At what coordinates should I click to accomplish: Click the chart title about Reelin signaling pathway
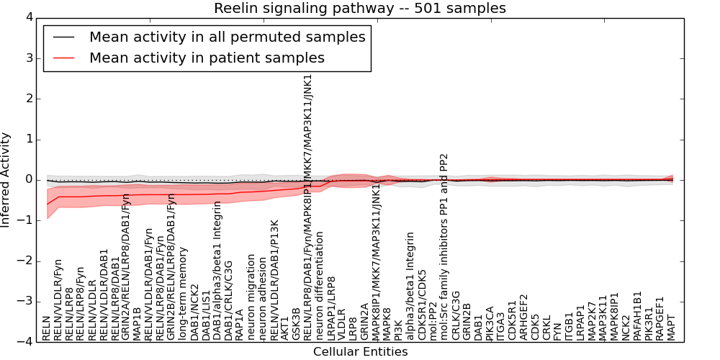tap(359, 9)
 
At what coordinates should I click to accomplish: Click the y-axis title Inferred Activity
tap(6, 179)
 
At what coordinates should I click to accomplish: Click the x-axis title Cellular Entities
tap(360, 352)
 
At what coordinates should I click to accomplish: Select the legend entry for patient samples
tap(207, 58)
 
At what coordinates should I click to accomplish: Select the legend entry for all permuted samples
tap(227, 37)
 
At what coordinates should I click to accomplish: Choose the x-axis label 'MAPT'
tap(672, 327)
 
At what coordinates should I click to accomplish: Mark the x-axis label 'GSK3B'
tap(297, 324)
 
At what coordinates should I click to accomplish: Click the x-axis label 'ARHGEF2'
tap(523, 316)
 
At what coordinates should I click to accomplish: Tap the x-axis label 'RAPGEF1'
tap(660, 317)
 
